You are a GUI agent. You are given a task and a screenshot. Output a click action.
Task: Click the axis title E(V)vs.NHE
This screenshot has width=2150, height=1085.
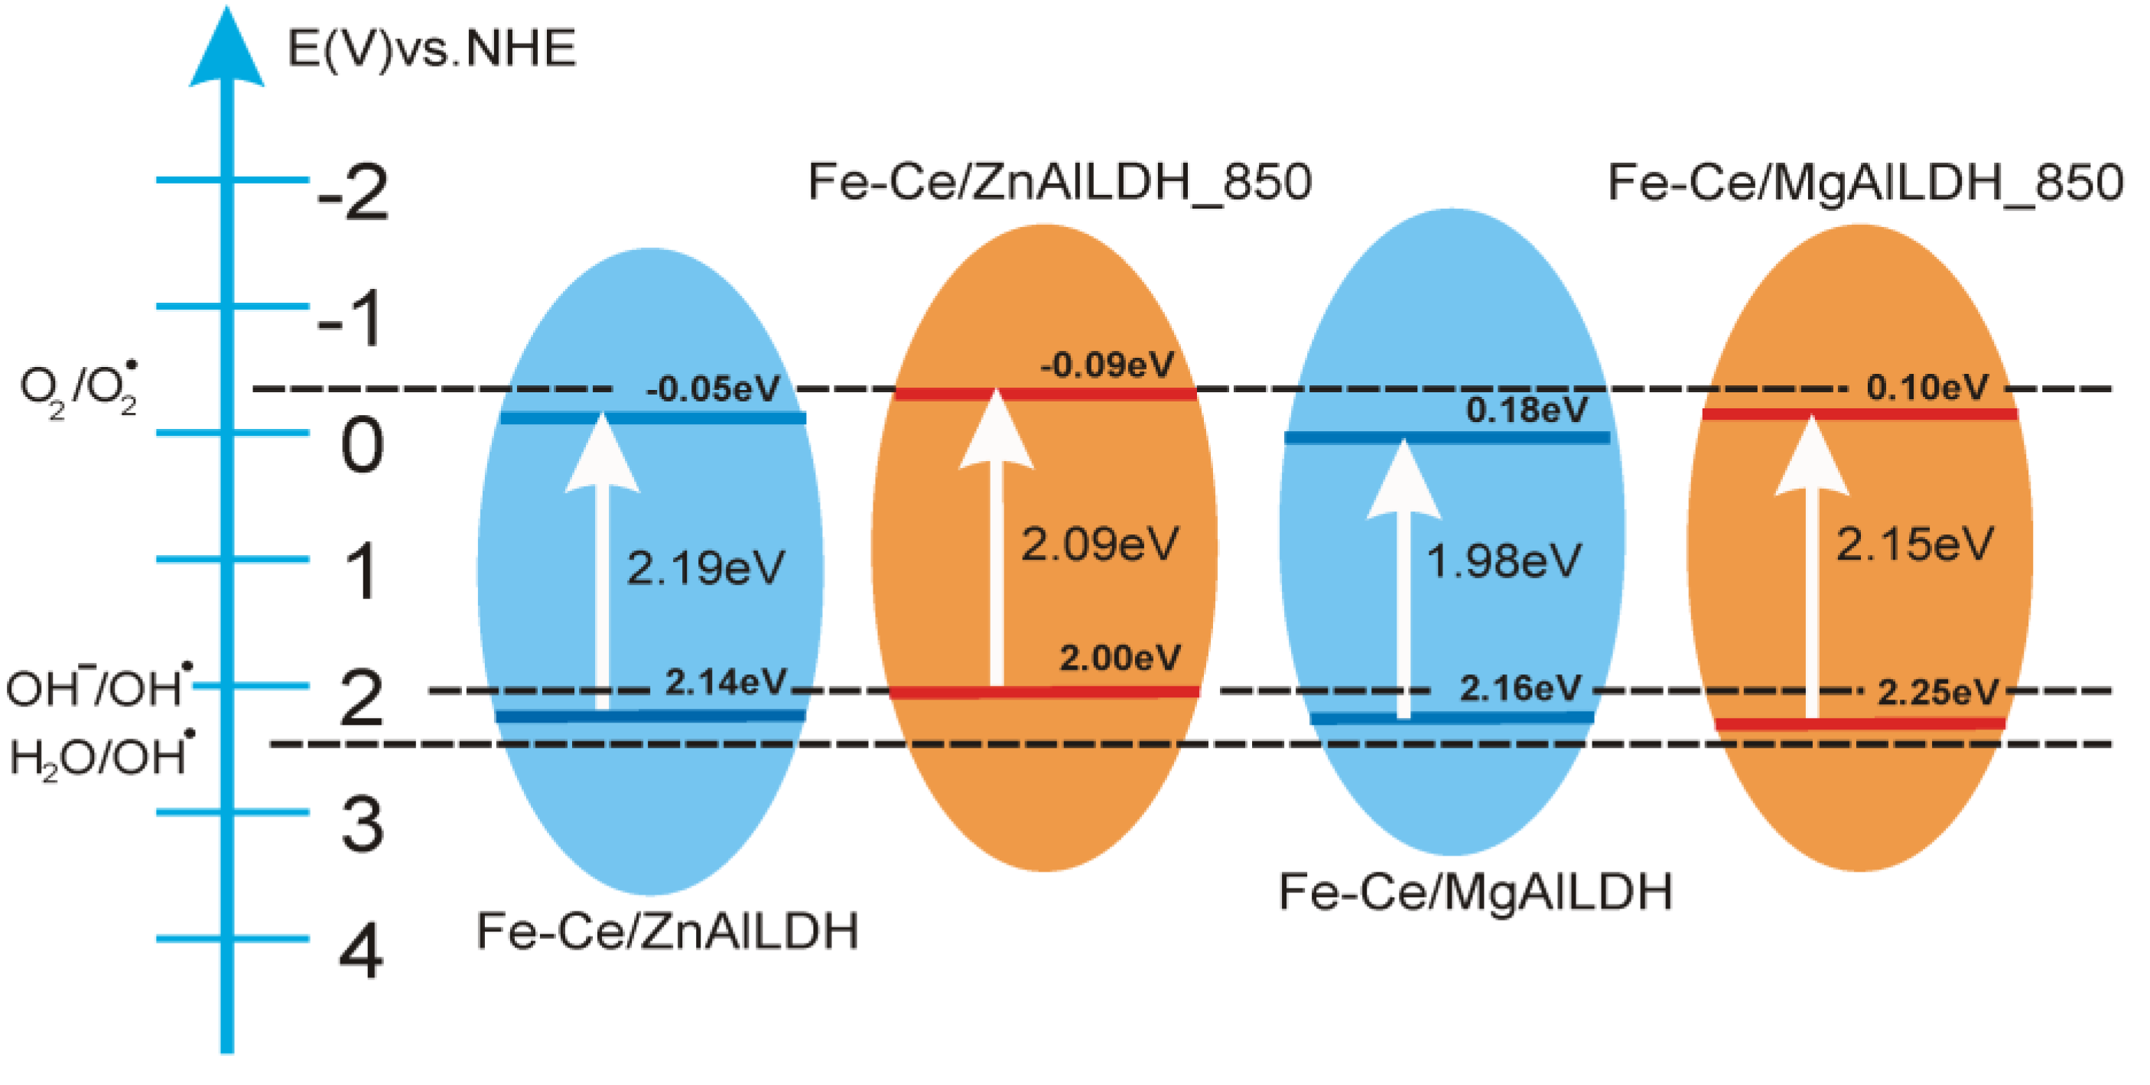pyautogui.click(x=431, y=48)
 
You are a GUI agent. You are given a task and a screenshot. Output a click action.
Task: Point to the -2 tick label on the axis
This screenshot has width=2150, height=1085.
pyautogui.click(x=353, y=193)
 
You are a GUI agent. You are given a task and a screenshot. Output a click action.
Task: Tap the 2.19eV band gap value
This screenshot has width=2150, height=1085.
pyautogui.click(x=705, y=568)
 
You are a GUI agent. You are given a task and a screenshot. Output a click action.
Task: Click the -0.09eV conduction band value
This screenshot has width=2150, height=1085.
pyautogui.click(x=1107, y=365)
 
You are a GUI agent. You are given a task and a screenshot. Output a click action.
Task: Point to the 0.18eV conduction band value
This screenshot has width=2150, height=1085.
pyautogui.click(x=1527, y=410)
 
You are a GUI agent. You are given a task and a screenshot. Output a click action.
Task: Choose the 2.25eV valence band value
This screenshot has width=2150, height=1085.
pyautogui.click(x=1938, y=692)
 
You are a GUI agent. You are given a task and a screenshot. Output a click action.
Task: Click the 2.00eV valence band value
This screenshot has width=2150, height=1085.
pyautogui.click(x=1120, y=658)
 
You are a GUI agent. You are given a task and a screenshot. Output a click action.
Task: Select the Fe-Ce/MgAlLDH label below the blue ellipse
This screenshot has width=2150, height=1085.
pyautogui.click(x=1475, y=892)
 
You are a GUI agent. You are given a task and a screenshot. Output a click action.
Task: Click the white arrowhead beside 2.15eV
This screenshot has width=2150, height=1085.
pyautogui.click(x=1811, y=456)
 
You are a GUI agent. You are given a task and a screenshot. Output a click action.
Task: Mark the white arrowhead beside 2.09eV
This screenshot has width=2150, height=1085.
pyautogui.click(x=996, y=431)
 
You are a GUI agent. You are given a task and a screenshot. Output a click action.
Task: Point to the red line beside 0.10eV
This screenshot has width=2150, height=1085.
pyautogui.click(x=1859, y=414)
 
